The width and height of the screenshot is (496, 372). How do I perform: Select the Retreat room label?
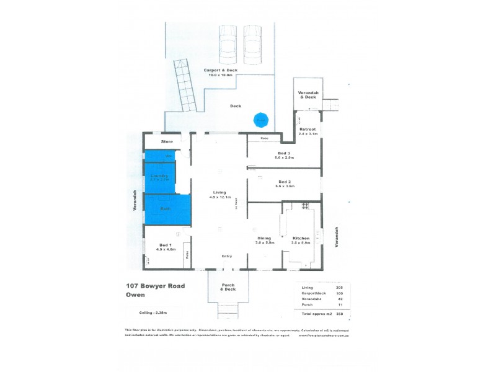tap(308, 129)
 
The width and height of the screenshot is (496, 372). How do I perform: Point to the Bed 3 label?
tap(285, 153)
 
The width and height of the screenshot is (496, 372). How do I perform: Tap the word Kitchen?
tap(301, 238)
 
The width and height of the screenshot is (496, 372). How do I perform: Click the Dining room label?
tap(265, 238)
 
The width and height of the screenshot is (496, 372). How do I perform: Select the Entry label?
tap(228, 256)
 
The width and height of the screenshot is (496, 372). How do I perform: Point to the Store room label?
tap(167, 142)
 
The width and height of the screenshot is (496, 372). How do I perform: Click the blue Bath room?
tap(166, 209)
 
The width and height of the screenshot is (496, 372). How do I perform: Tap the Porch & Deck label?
tap(229, 287)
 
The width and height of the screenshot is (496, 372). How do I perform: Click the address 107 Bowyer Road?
tap(156, 286)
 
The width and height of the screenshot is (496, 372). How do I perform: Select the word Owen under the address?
tap(135, 295)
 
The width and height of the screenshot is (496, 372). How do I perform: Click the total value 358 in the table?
tap(339, 314)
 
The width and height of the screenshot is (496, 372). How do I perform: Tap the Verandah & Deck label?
tap(308, 94)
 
